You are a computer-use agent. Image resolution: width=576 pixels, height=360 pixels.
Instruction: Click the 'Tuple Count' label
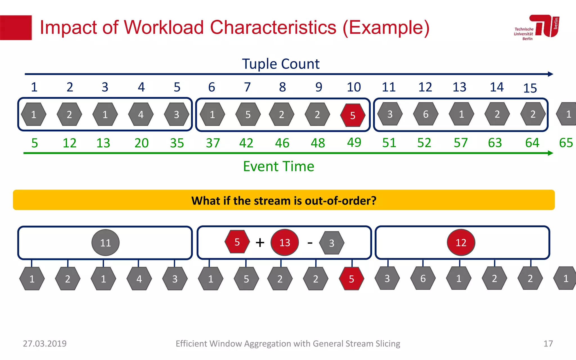[x=280, y=64]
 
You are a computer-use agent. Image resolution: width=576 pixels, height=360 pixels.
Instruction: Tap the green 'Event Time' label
[x=278, y=166]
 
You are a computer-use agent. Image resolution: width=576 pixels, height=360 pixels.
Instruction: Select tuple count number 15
[x=530, y=88]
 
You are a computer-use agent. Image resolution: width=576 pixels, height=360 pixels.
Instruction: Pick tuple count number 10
[x=354, y=87]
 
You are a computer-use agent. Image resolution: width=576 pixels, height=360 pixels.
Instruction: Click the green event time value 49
[x=354, y=142]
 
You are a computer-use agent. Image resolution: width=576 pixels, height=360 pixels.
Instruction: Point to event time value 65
[x=566, y=143]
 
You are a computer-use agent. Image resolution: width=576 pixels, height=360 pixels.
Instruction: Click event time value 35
[x=177, y=143]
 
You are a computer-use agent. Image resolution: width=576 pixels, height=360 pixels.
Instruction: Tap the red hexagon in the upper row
[x=353, y=115]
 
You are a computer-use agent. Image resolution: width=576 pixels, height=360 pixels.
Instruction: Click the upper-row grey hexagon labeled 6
[x=426, y=114]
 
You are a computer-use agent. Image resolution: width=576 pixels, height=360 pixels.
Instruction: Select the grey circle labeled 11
[x=105, y=242]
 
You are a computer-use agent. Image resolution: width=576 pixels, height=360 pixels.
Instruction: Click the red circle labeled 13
[x=285, y=242]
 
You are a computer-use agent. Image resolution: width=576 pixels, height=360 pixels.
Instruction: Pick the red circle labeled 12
[x=461, y=242]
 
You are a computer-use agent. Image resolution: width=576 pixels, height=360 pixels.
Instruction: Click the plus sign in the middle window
[x=260, y=242]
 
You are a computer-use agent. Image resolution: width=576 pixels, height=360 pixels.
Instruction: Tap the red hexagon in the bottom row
[x=351, y=279]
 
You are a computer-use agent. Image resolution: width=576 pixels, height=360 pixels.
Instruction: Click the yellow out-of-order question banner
[x=283, y=200]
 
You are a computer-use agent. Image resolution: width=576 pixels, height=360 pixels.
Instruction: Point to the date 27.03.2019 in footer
[x=45, y=343]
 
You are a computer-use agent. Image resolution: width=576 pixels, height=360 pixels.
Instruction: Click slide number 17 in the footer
[x=548, y=343]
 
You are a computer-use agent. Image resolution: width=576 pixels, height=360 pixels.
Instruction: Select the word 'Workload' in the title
[x=164, y=28]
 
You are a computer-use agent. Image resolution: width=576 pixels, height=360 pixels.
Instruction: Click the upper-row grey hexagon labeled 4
[x=141, y=114]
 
